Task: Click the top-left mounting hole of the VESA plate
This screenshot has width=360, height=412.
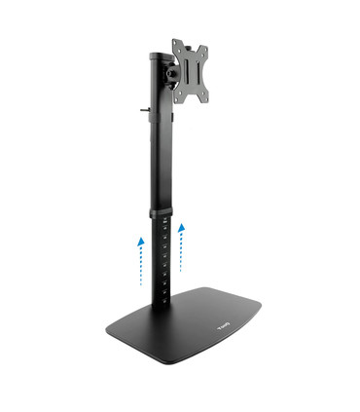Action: [177, 46]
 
